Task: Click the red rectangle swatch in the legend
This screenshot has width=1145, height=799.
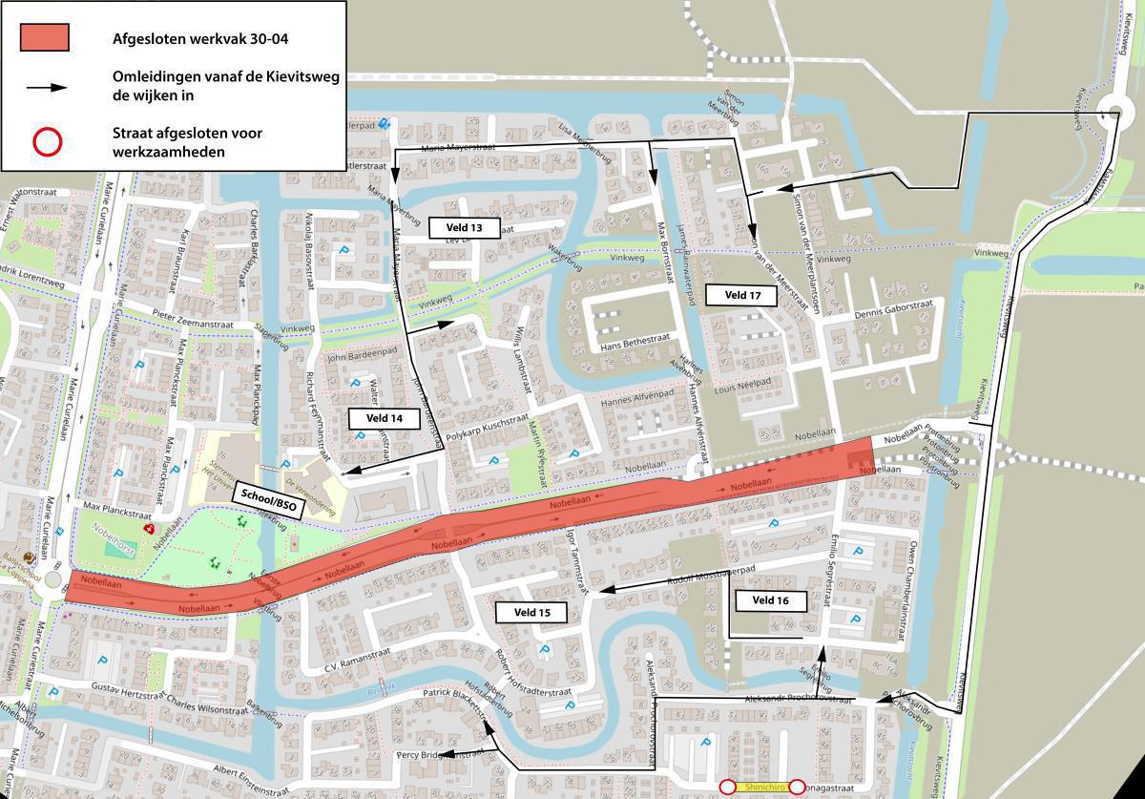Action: [44, 37]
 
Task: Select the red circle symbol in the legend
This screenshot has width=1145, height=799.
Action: [47, 142]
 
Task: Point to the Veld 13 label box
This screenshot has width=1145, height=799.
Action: [463, 227]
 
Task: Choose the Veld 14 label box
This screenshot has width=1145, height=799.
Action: [385, 418]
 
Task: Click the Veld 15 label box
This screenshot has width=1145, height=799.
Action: [531, 612]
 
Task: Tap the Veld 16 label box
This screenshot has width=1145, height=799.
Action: [770, 600]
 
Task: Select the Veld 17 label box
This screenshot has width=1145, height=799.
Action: [742, 295]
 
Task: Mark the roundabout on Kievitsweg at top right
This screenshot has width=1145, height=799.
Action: [1115, 113]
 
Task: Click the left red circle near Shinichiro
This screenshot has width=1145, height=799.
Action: [727, 787]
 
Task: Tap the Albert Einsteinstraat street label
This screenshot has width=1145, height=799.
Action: [250, 771]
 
